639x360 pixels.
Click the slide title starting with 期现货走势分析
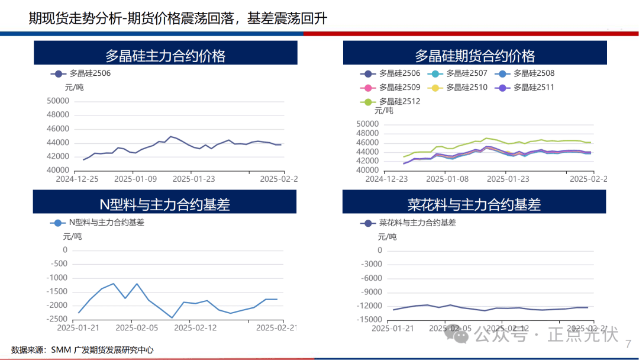(x=177, y=19)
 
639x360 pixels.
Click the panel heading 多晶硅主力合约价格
(x=165, y=56)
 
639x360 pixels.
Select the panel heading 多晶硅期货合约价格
(x=475, y=56)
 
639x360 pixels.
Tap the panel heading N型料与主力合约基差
(x=165, y=205)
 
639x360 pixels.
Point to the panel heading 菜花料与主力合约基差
(x=475, y=205)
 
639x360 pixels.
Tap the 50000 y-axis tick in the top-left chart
(x=57, y=101)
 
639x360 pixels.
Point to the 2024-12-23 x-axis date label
(x=386, y=178)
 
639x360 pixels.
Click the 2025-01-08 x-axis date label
(x=448, y=178)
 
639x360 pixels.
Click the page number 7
(x=628, y=343)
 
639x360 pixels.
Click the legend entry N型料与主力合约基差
(x=106, y=223)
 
